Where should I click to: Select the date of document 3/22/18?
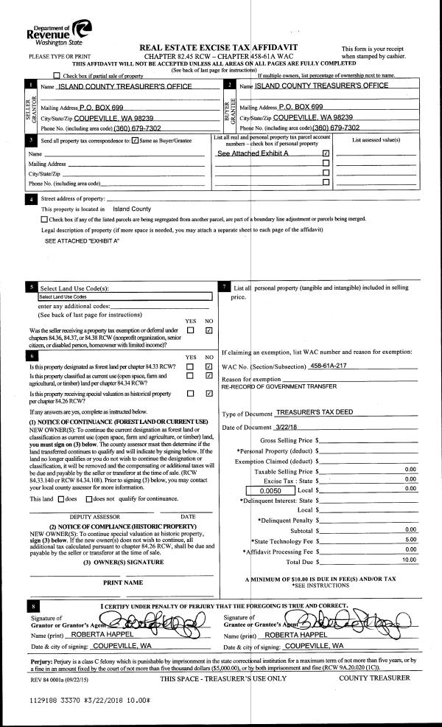[x=288, y=428]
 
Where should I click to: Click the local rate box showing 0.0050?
[x=270, y=489]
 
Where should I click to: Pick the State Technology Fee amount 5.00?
[x=410, y=540]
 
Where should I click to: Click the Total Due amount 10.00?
[x=408, y=560]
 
